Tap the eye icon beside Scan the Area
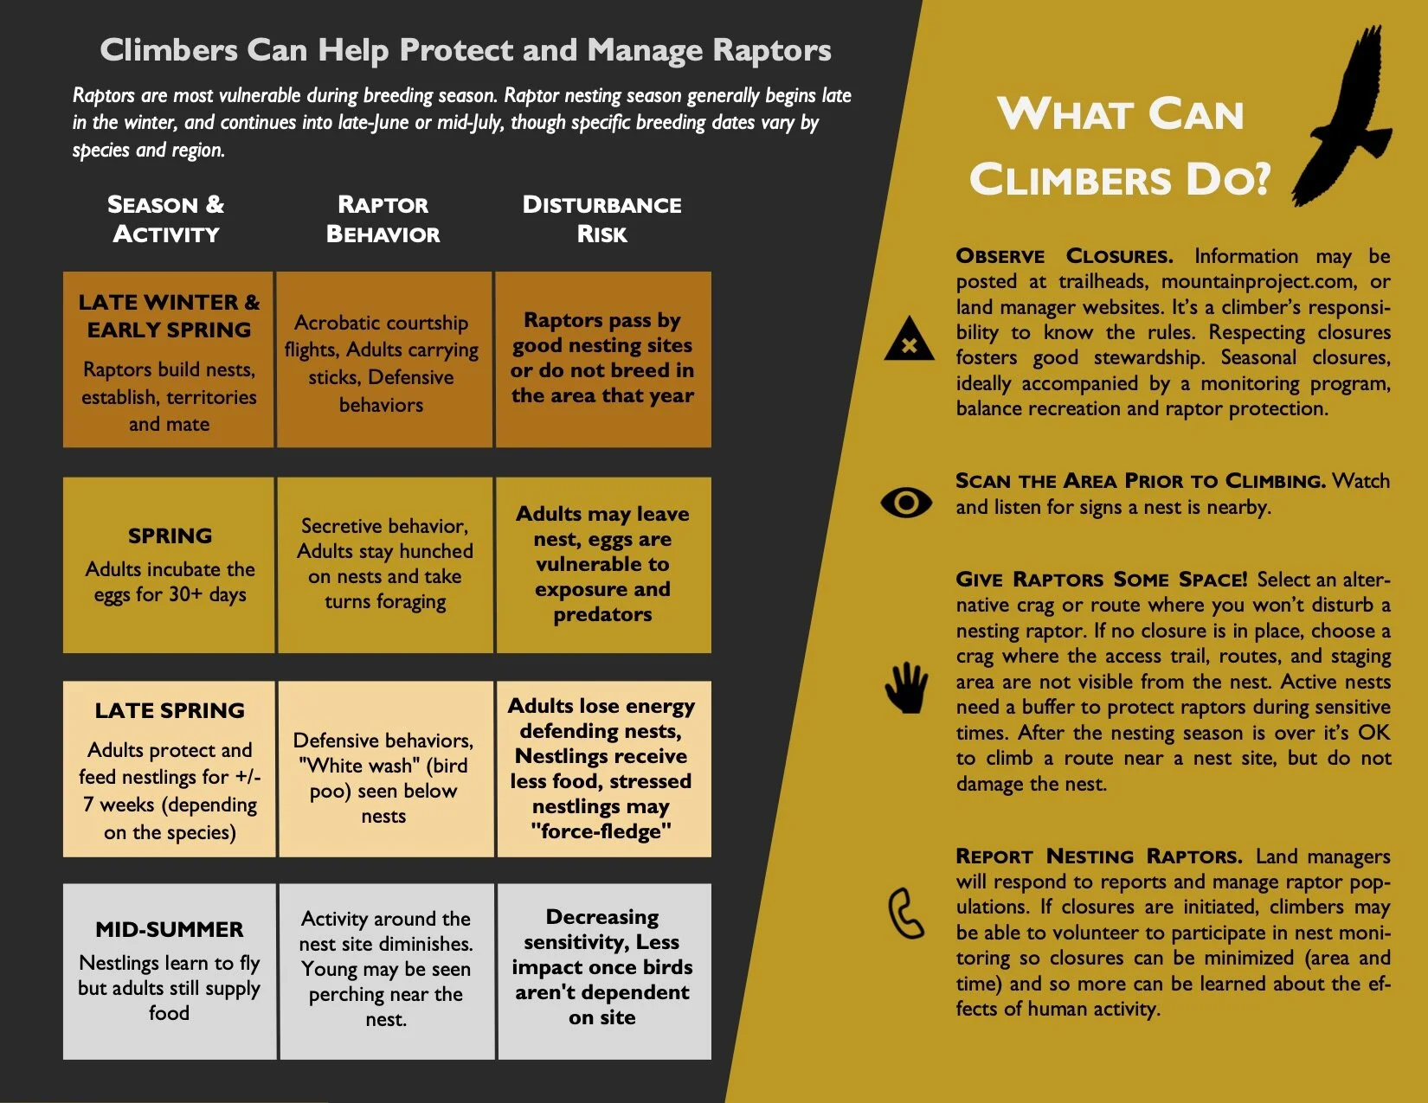click(906, 503)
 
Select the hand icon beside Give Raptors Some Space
click(906, 688)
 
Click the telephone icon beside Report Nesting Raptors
click(906, 914)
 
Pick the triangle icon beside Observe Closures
click(909, 340)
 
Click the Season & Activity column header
click(166, 219)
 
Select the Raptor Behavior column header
click(383, 219)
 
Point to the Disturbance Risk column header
click(601, 219)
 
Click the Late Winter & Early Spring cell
click(169, 360)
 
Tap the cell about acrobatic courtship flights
click(382, 363)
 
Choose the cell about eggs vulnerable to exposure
click(602, 564)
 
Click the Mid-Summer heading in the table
click(170, 929)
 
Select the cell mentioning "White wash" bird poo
click(383, 778)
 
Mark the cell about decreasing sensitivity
click(602, 966)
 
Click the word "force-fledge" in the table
click(601, 831)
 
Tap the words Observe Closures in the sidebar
click(1064, 256)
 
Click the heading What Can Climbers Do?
click(1120, 147)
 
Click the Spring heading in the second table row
click(170, 535)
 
